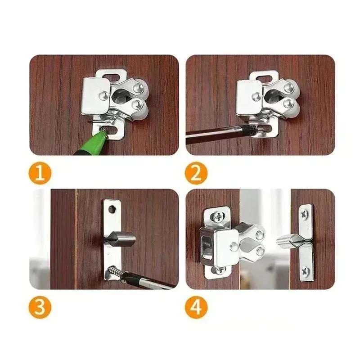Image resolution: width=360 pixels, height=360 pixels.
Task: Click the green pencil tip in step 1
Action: point(103,131)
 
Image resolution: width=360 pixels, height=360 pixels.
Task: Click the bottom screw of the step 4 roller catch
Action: point(219,270)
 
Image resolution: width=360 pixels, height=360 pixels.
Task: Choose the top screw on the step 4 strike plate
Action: point(306,213)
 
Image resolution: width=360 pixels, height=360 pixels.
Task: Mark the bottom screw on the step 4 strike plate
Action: point(306,270)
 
